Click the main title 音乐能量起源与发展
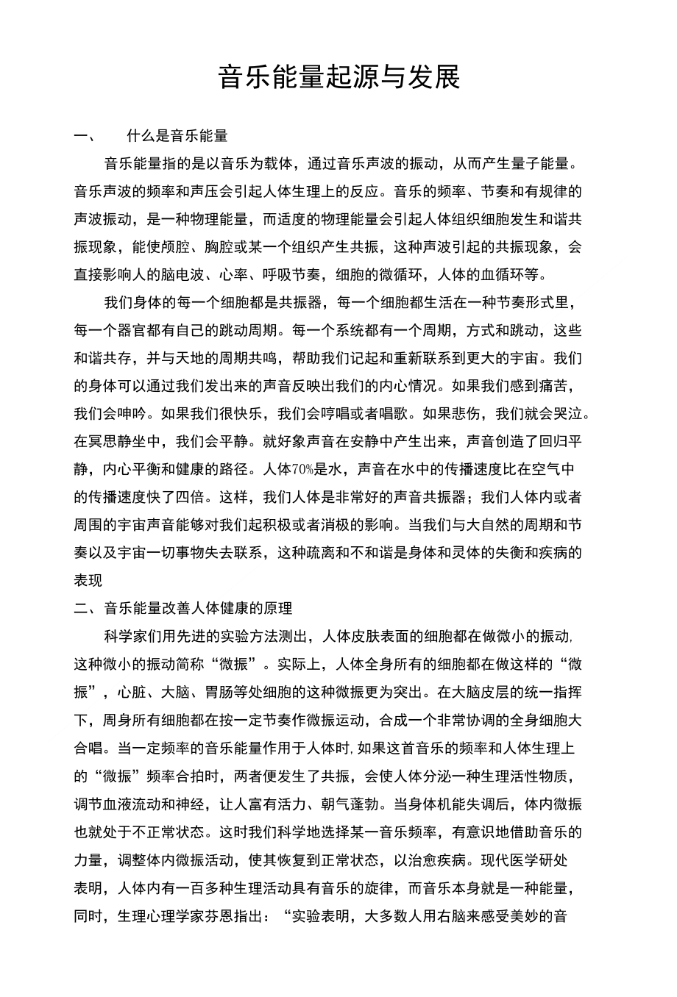(338, 77)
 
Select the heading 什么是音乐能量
(177, 136)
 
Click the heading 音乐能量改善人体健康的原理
(198, 608)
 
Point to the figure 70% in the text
(303, 469)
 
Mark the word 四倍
(197, 497)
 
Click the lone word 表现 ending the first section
(88, 581)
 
